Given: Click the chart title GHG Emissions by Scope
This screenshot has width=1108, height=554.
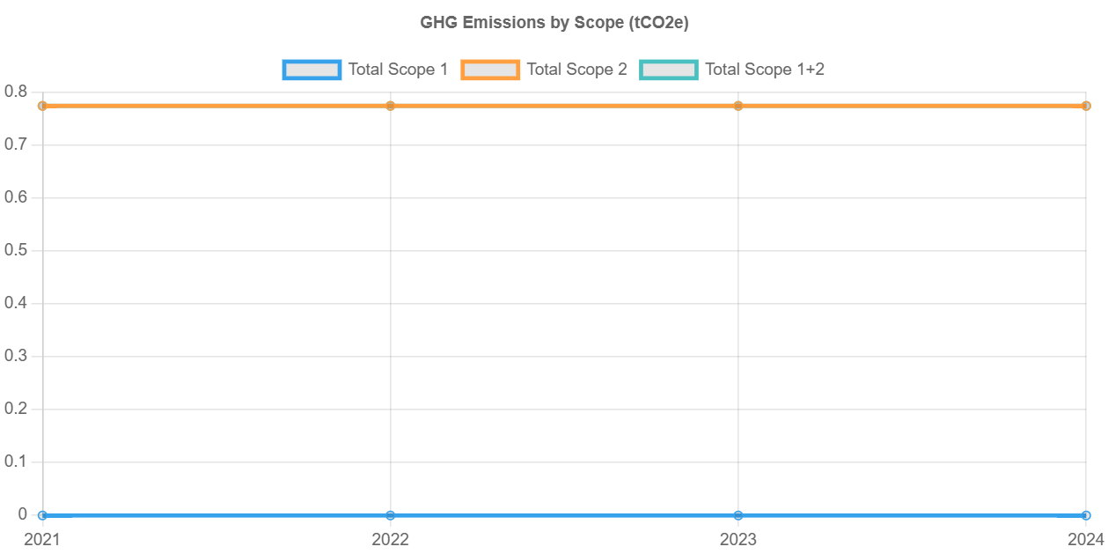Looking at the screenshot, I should (x=554, y=23).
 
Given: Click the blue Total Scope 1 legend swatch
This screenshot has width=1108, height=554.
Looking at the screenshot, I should (x=312, y=70).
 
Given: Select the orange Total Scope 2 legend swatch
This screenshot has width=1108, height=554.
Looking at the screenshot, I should (x=490, y=70).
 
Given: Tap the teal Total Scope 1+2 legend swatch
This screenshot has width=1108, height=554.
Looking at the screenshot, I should (x=669, y=70).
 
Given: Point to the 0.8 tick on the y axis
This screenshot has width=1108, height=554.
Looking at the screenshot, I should (x=16, y=92).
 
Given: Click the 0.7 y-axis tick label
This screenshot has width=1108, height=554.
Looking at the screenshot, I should (x=16, y=144).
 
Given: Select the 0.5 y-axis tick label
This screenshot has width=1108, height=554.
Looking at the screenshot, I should (x=16, y=250).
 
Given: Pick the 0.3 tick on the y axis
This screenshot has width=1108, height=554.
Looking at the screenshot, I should (x=16, y=356).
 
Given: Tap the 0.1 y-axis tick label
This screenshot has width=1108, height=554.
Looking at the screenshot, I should (x=16, y=462).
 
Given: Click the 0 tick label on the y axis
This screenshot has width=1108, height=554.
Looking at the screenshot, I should (x=23, y=514).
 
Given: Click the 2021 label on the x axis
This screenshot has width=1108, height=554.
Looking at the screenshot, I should (x=41, y=539).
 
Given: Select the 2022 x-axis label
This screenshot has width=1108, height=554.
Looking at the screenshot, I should (x=390, y=539).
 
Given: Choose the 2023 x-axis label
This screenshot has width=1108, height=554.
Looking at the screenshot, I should (x=737, y=539).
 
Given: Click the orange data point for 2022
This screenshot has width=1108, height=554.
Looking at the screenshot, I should (x=390, y=106).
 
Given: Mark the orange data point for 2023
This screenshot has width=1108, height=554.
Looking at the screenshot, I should (x=738, y=106).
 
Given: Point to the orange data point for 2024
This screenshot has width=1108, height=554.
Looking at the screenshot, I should (x=1086, y=106).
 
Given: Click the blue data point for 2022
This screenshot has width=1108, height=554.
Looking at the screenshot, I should (x=390, y=515).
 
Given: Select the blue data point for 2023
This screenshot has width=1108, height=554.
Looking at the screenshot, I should (x=738, y=515).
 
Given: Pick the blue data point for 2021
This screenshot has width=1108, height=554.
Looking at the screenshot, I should (x=42, y=515).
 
